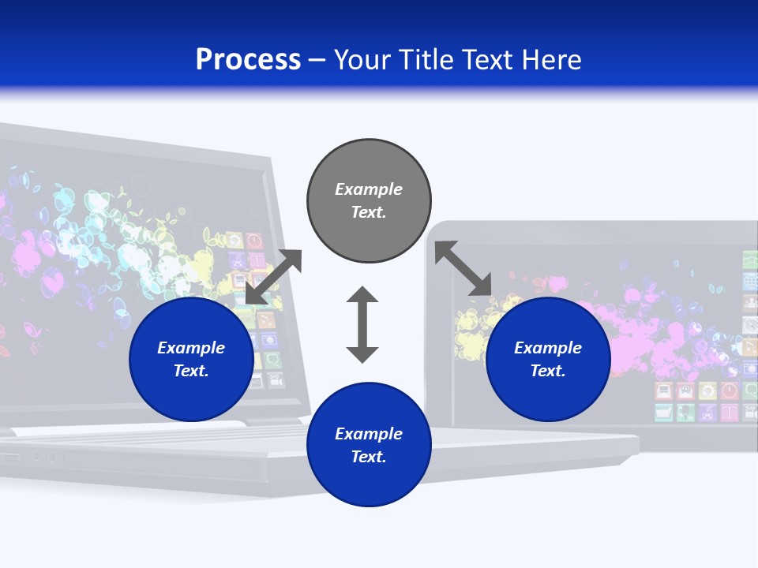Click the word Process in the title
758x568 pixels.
tap(248, 60)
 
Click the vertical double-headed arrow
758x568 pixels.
tap(362, 324)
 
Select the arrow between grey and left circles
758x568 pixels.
tap(273, 277)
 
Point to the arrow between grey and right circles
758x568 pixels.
tap(463, 269)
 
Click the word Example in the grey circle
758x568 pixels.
tap(369, 189)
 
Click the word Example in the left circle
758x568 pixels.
tap(191, 348)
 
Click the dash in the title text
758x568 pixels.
tap(317, 60)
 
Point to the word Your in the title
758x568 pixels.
tap(364, 60)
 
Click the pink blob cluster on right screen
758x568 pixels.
tap(632, 316)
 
